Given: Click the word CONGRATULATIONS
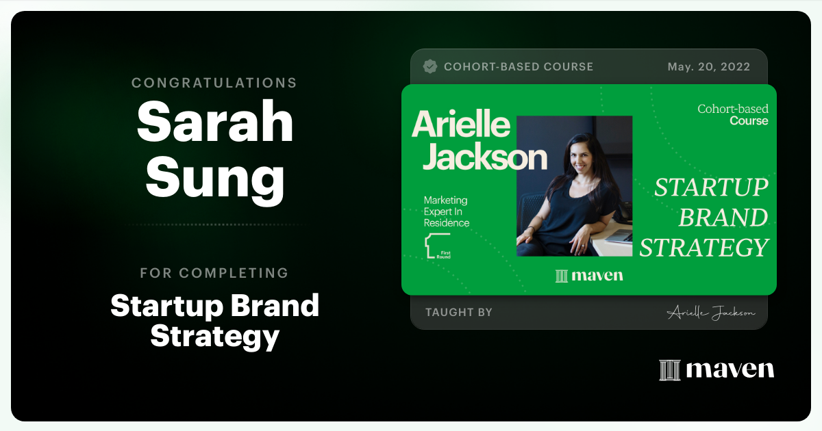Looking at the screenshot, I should tap(214, 83).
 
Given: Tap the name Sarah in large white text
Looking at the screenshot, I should tap(214, 122).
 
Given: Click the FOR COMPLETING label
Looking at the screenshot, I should tap(214, 273).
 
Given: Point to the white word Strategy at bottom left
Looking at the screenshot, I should tap(214, 336).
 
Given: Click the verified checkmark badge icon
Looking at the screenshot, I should tap(430, 66).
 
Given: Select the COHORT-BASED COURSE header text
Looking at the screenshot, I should tap(519, 67).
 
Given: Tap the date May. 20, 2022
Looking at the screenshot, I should tap(708, 67).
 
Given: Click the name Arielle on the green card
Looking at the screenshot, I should tap(461, 125).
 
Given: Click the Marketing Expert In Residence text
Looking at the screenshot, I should tap(447, 211).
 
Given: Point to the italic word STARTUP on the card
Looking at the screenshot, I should tap(711, 187).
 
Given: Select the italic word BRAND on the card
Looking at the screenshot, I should tap(723, 218).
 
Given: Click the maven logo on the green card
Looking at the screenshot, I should tap(589, 276).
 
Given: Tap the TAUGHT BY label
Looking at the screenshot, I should tap(459, 313).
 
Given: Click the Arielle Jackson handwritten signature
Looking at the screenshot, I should tap(710, 313).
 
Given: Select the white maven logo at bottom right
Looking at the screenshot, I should tap(717, 370).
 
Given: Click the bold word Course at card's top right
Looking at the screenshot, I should tap(749, 121).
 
